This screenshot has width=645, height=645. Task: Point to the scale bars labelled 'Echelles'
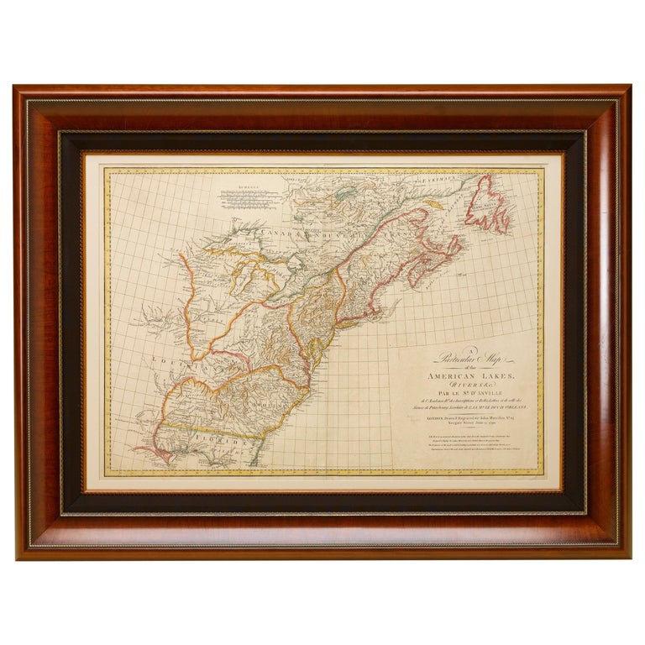[244, 198]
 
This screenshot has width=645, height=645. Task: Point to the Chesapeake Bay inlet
[315, 351]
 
